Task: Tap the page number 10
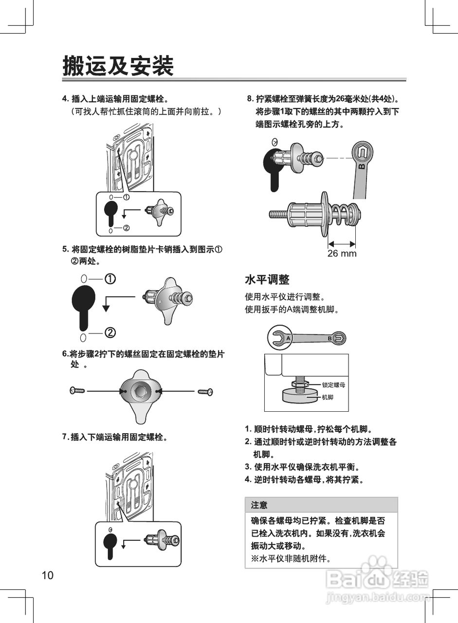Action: click(x=47, y=575)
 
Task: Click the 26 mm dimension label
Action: click(x=342, y=254)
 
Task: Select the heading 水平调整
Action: click(x=267, y=279)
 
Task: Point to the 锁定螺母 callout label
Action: click(x=333, y=385)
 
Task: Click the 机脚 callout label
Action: click(x=327, y=397)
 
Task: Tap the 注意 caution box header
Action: click(x=259, y=505)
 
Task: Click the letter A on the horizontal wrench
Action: click(x=288, y=337)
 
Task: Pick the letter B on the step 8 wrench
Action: click(x=361, y=166)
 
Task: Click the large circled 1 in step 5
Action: click(x=110, y=279)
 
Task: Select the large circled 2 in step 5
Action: click(x=110, y=333)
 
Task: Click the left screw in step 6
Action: click(x=77, y=390)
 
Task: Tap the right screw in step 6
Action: click(x=205, y=391)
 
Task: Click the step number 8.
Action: click(x=250, y=99)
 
